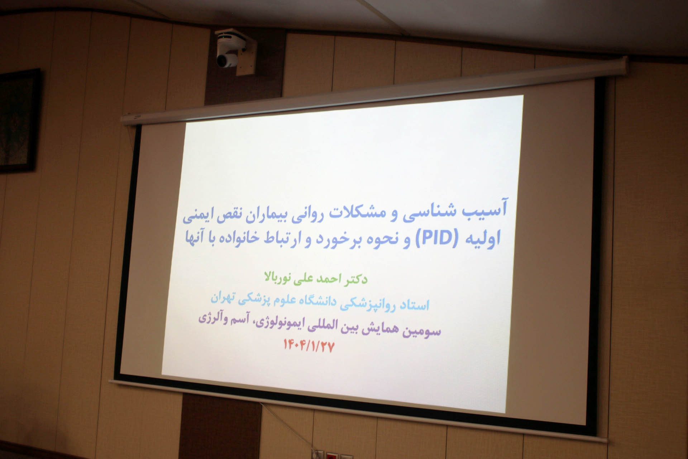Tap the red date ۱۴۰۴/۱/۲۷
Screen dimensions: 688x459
(x=309, y=345)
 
